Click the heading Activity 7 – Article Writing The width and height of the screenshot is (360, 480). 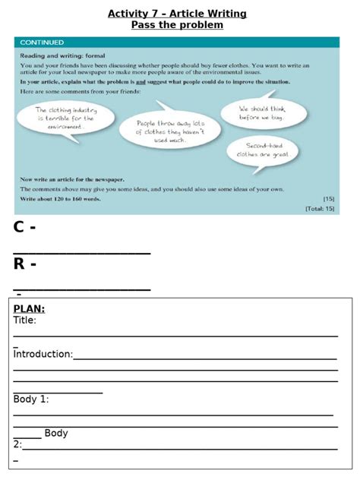coord(177,14)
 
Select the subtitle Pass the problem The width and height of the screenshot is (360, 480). coord(177,25)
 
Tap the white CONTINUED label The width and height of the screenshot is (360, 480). coord(42,43)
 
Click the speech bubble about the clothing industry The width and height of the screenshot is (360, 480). coord(65,118)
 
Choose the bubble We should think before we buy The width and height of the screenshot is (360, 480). coord(263,113)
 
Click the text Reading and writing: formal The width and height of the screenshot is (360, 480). coord(62,55)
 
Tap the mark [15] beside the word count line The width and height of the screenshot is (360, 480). coord(328,199)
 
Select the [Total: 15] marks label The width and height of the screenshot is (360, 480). coord(319,207)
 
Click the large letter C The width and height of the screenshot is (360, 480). coord(20,227)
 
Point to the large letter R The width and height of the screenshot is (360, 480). coord(21,264)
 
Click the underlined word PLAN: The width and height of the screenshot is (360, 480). coord(29,308)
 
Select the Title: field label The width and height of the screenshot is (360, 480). coord(24,321)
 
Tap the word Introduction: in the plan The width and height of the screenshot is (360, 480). coord(43,354)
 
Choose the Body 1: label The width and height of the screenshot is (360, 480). coord(31,399)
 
